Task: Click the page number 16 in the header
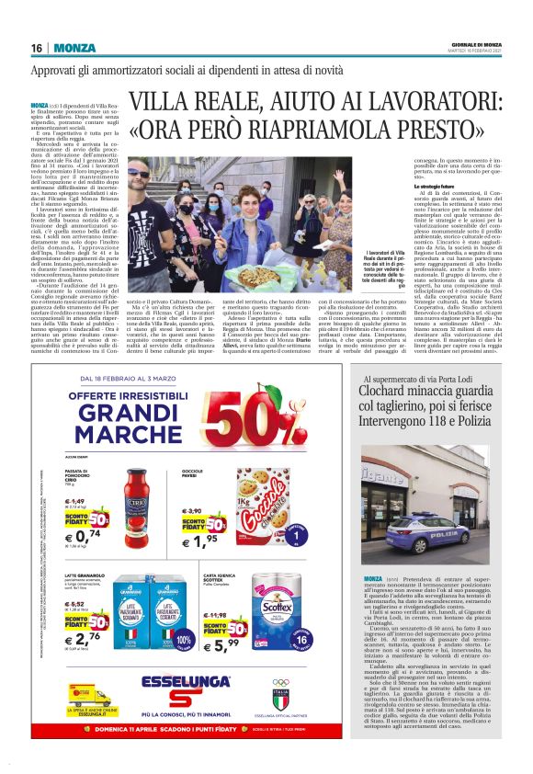point(37,48)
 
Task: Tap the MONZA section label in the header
point(75,48)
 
